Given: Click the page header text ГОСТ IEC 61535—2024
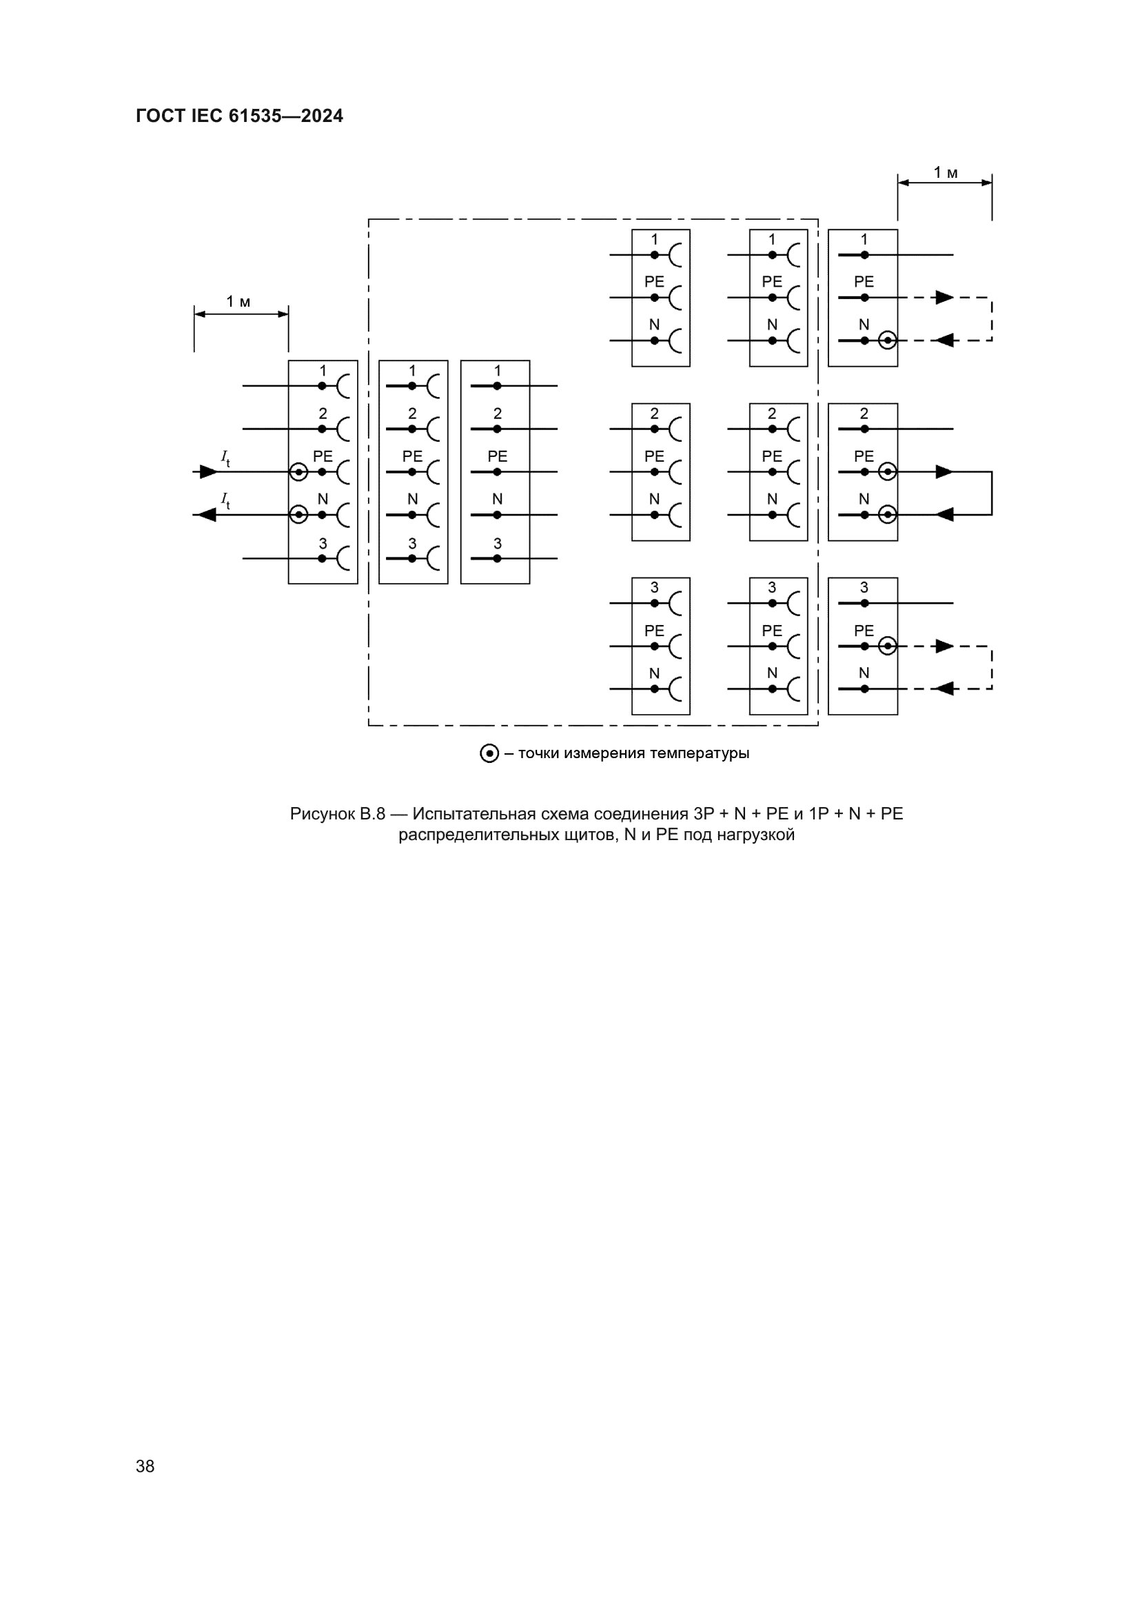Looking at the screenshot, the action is [239, 116].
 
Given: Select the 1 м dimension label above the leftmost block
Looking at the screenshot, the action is [238, 302].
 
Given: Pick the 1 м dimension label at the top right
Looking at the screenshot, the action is [946, 173].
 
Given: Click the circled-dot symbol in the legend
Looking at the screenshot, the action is [489, 753].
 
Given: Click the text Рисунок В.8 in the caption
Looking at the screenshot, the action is [338, 814].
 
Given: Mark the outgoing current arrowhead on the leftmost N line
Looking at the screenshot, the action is [207, 515].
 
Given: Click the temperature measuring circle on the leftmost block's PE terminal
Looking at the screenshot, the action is [298, 472].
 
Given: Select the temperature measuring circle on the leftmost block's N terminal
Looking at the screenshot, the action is [298, 515].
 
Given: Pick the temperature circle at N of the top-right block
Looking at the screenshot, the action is [887, 340].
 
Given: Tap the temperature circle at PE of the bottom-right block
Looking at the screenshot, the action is [887, 646].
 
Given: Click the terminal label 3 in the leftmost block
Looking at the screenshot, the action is [323, 543].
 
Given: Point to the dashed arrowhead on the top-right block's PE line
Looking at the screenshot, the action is [944, 298].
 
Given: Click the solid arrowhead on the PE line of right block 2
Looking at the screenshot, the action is [944, 472].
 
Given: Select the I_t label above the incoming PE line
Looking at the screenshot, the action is [225, 458].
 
